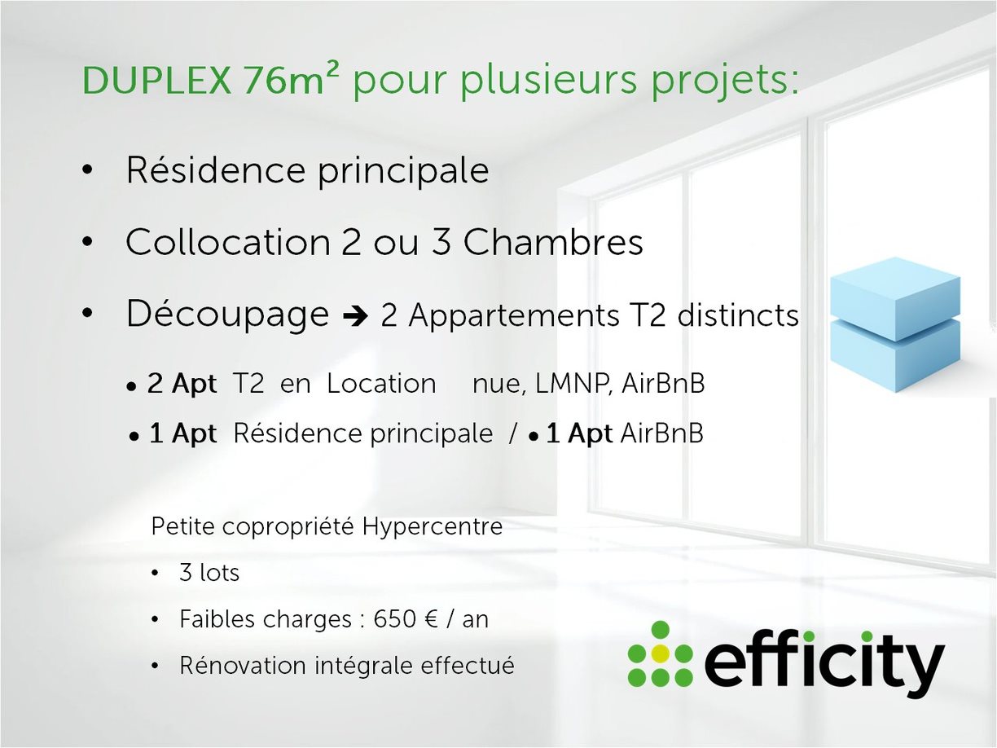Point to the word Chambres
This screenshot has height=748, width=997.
553,243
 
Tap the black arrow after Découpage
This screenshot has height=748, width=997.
356,317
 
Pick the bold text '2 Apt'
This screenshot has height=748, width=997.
182,384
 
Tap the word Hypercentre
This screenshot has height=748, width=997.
432,526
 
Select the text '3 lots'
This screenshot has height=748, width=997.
209,573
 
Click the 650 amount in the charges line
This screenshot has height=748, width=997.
395,619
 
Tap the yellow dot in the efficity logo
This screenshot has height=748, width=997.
661,653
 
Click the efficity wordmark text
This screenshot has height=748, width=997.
824,662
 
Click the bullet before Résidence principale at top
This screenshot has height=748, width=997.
87,172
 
